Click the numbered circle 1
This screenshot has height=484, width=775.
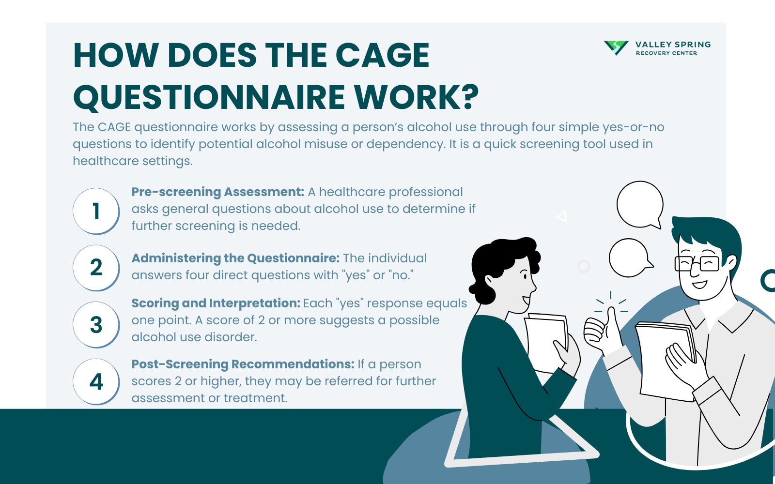coord(96,211)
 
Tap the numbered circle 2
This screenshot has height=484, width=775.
coord(96,268)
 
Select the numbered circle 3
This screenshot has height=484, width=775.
coord(96,325)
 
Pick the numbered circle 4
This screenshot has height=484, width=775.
coord(96,382)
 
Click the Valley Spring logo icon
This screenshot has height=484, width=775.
coord(616,47)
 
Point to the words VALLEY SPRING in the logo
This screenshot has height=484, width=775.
coord(673,45)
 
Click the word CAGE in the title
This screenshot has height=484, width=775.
coord(382,55)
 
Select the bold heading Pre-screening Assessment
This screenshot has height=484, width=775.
coord(217,192)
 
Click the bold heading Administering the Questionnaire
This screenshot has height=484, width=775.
coord(235,258)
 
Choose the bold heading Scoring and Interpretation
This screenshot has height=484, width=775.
coord(216,303)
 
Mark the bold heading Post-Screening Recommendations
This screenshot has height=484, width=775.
coord(243,364)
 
